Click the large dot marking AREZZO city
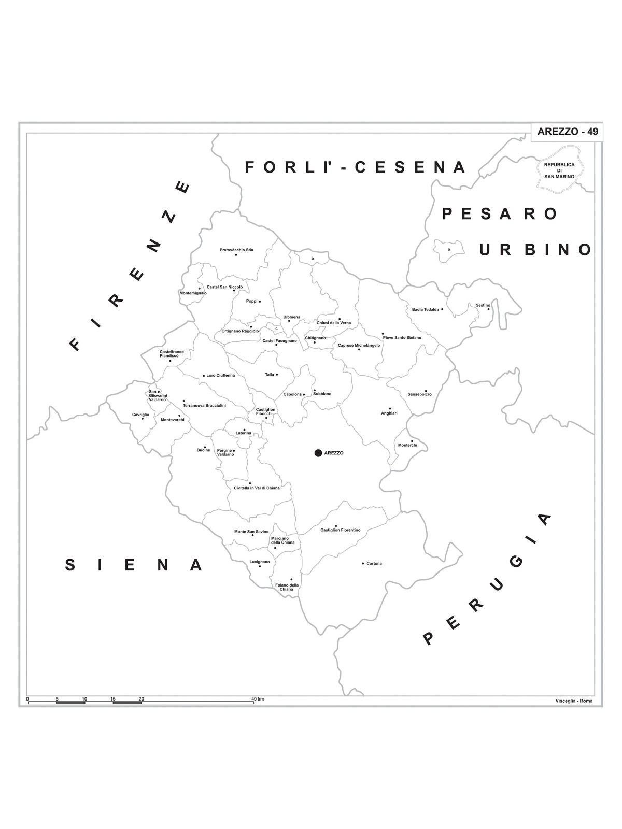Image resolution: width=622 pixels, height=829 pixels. click(x=318, y=453)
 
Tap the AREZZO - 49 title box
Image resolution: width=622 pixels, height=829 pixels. click(x=568, y=132)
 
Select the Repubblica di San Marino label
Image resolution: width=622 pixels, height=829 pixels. click(x=559, y=170)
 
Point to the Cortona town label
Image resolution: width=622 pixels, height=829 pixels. click(x=374, y=563)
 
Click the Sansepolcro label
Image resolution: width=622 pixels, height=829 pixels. click(x=419, y=394)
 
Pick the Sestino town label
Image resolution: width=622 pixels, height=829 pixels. click(x=483, y=305)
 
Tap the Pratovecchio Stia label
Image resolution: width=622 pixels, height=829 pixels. click(x=236, y=250)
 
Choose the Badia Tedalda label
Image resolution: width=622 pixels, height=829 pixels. click(x=425, y=309)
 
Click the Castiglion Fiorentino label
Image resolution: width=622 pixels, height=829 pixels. click(x=340, y=530)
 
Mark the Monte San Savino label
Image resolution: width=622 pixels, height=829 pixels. click(x=251, y=532)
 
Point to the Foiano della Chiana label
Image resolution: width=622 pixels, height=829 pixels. click(x=287, y=587)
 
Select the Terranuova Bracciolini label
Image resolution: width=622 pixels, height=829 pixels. click(x=204, y=405)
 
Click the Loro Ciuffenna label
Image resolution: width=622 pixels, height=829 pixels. click(x=220, y=375)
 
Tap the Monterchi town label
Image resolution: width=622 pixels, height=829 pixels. click(x=407, y=445)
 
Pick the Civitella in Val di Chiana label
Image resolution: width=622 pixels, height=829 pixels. click(x=257, y=488)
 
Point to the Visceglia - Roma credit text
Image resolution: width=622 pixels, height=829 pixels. click(x=573, y=701)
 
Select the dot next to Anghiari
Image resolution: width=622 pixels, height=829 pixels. click(x=390, y=408)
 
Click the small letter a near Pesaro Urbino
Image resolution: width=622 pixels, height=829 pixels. click(x=449, y=249)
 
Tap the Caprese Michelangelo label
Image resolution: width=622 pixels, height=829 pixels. click(x=359, y=345)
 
